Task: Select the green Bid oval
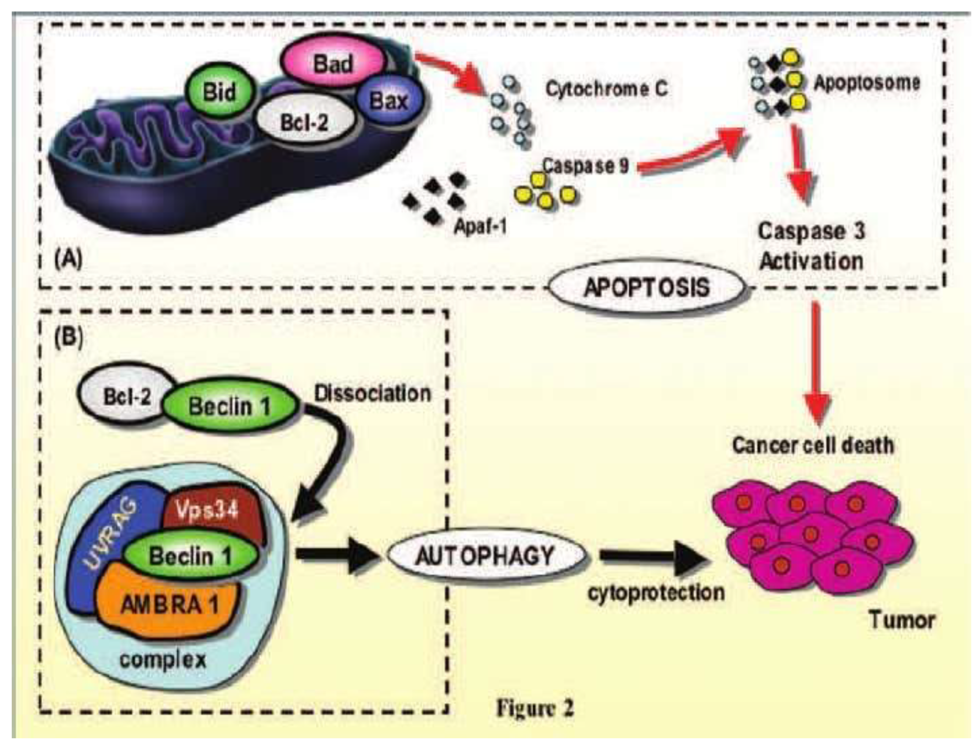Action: (219, 93)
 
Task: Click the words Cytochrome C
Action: (607, 89)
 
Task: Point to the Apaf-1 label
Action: (480, 227)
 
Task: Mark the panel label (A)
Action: (68, 259)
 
